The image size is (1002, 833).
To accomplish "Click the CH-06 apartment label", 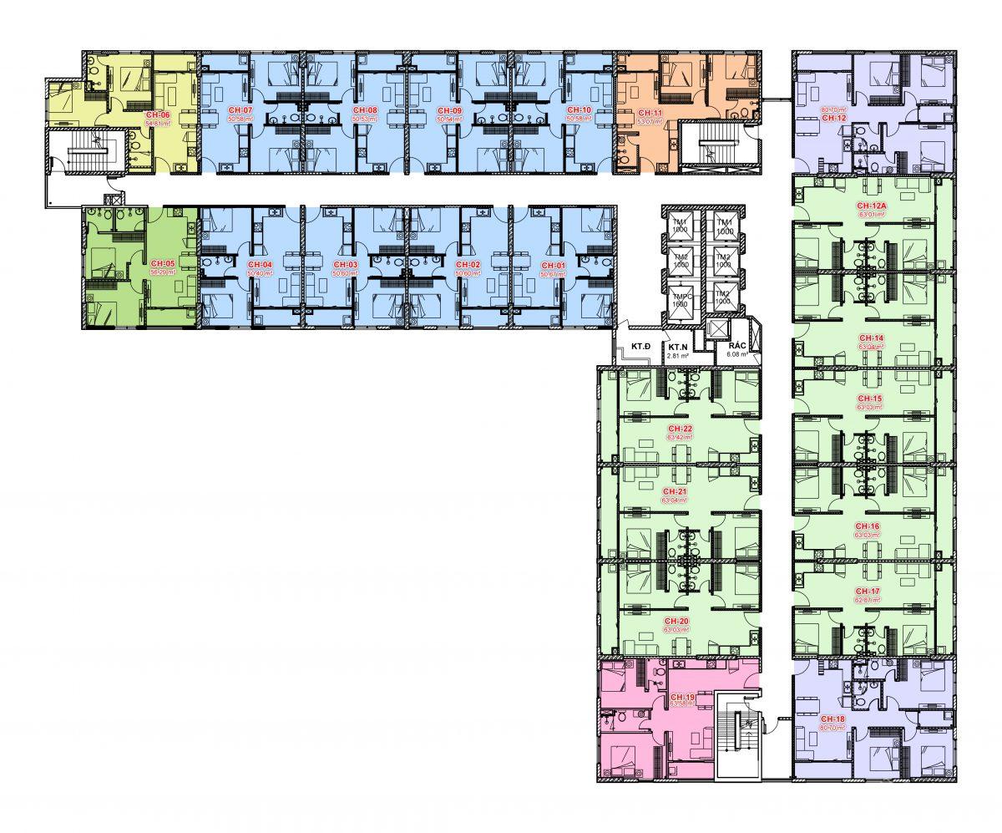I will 159,114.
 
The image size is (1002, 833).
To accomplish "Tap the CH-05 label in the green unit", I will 163,263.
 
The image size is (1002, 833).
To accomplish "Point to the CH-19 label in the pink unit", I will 682,696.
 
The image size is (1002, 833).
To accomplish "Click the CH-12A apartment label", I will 869,206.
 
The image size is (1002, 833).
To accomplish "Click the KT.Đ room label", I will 640,346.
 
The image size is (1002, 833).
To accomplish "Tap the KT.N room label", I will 677,346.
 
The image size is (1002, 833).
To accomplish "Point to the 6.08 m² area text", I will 737,354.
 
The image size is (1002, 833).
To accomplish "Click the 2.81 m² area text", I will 677,356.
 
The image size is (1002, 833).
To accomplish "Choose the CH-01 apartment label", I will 553,264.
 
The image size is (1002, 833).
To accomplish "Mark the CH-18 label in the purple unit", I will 832,719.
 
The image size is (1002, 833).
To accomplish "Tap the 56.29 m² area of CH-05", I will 163,272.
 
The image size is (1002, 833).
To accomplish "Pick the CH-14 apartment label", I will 869,338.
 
